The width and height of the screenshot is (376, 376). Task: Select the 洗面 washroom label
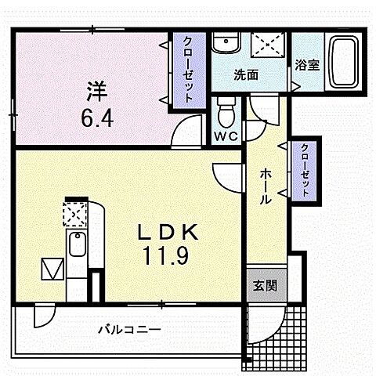(246, 75)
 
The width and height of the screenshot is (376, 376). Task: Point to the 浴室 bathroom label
(307, 66)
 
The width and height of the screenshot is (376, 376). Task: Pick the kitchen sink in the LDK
(78, 250)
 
